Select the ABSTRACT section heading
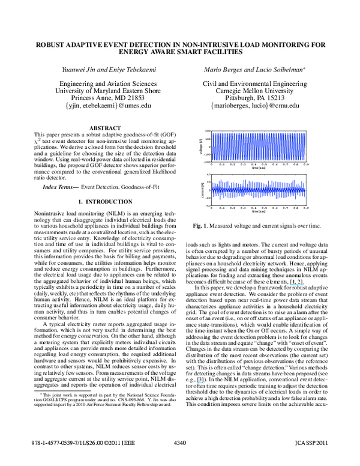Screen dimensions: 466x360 pos(104,129)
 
